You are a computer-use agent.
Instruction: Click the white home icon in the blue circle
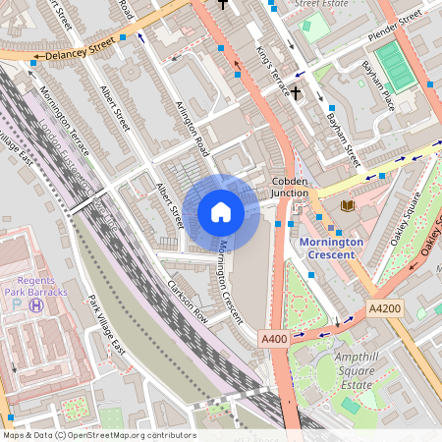(x=221, y=212)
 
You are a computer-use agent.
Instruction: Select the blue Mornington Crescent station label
(x=331, y=249)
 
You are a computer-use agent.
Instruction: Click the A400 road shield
(x=274, y=339)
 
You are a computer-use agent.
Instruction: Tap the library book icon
(x=347, y=205)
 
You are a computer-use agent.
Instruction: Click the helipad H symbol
(x=36, y=305)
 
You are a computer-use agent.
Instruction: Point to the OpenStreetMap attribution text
(x=98, y=435)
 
